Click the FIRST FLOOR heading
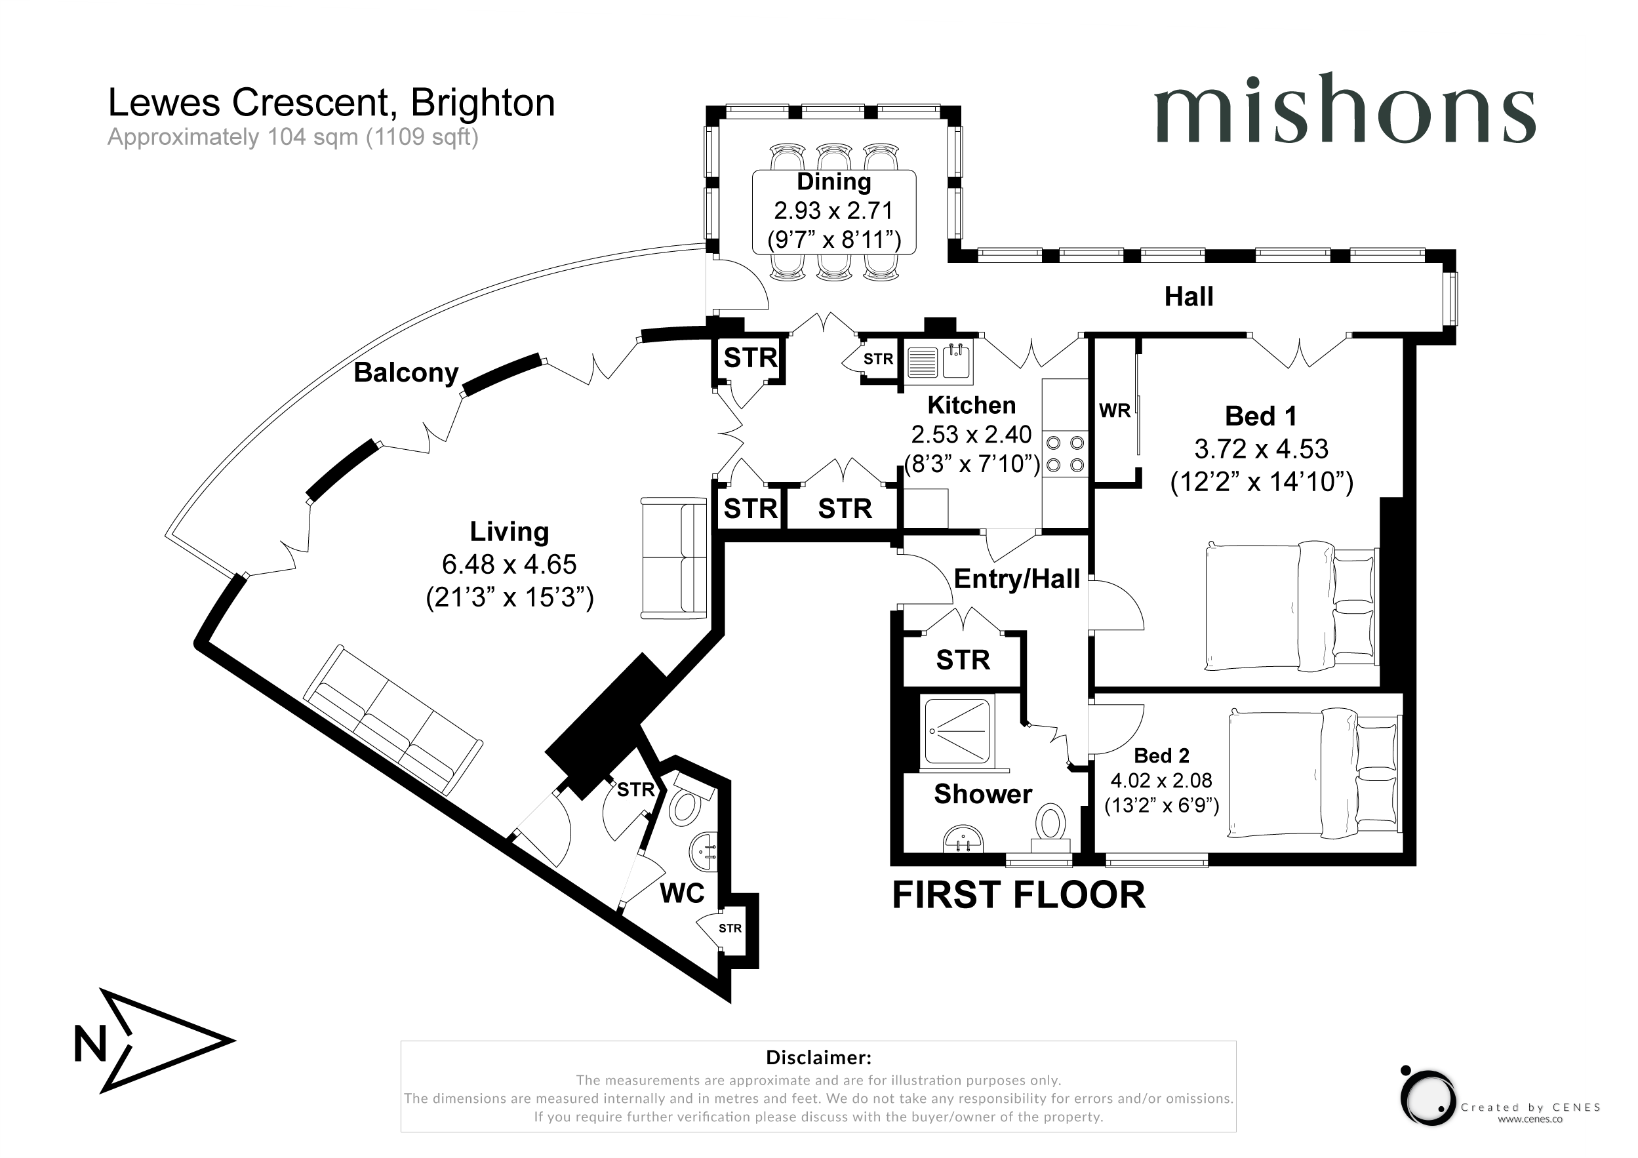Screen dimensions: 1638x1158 [1019, 894]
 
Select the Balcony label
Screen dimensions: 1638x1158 [406, 372]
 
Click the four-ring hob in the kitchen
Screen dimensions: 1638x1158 [1065, 454]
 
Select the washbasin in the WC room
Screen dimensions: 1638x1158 [705, 851]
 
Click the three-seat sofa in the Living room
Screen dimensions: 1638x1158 [392, 721]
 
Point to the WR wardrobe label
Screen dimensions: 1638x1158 [1114, 411]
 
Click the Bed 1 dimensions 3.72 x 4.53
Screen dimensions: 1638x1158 [1262, 449]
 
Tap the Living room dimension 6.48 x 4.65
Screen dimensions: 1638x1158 [509, 565]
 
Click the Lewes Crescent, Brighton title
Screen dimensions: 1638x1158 [332, 103]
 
